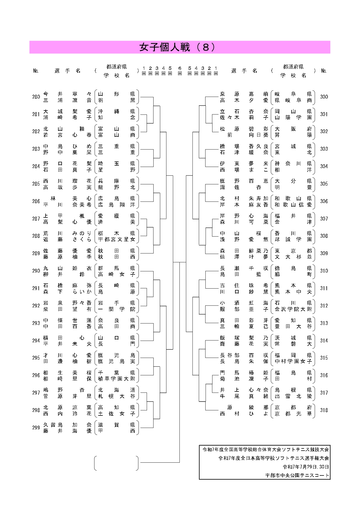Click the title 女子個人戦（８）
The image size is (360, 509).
pyautogui.click(x=178, y=47)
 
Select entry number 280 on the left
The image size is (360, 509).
pyautogui.click(x=36, y=97)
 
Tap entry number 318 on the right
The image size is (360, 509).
pyautogui.click(x=324, y=410)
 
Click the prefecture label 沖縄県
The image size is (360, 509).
pyautogui.click(x=116, y=111)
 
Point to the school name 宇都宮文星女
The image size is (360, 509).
pyautogui.click(x=116, y=239)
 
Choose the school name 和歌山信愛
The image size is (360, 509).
pyautogui.click(x=293, y=205)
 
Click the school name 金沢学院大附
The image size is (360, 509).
pyautogui.click(x=293, y=309)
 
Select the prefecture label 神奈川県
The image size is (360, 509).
pyautogui.click(x=293, y=164)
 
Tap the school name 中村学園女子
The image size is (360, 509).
pyautogui.click(x=293, y=361)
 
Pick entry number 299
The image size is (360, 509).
pyautogui.click(x=36, y=428)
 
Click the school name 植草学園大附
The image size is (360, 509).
pyautogui.click(x=116, y=379)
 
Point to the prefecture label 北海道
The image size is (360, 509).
pyautogui.click(x=116, y=390)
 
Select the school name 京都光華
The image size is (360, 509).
pyautogui.click(x=293, y=414)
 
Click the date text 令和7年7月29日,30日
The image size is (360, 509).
pyautogui.click(x=306, y=467)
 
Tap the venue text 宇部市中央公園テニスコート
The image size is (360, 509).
pyautogui.click(x=297, y=475)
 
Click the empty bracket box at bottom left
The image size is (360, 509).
pyautogui.click(x=116, y=463)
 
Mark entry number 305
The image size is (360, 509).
pyautogui.click(x=324, y=184)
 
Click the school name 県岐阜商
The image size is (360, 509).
pyautogui.click(x=293, y=100)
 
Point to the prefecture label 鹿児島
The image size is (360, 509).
pyautogui.click(x=116, y=355)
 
